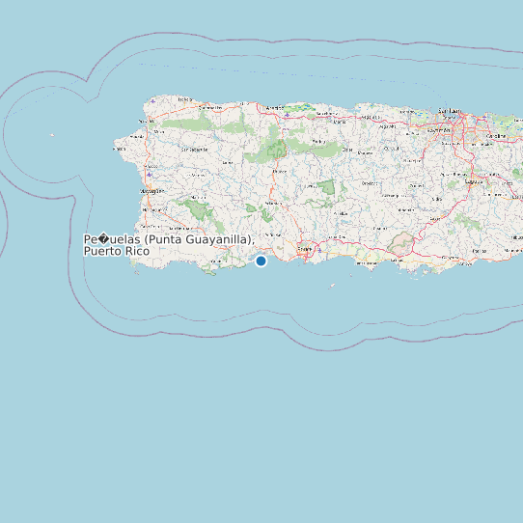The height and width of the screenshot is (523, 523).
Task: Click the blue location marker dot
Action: point(261,261)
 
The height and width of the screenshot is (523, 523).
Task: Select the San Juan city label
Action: point(450,111)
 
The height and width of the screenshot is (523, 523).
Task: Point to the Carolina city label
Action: point(496,137)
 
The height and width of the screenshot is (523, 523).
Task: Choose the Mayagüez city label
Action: point(151,191)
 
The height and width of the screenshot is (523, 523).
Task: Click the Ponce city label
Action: point(305,249)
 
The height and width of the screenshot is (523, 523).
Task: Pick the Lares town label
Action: point(228,162)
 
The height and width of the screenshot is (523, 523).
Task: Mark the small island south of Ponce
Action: point(331,286)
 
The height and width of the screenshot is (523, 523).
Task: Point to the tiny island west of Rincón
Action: point(53,135)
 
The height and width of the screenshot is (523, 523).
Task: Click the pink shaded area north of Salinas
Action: point(403,245)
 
